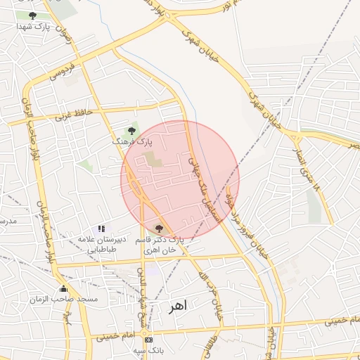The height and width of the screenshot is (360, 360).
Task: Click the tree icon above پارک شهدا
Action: [x=32, y=15]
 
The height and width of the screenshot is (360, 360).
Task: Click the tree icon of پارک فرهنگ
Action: [x=131, y=131]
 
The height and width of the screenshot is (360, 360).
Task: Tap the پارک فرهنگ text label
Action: [x=131, y=141]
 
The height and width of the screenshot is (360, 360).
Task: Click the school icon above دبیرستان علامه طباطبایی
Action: [x=102, y=229]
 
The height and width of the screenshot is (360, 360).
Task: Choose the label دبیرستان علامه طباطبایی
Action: [x=102, y=244]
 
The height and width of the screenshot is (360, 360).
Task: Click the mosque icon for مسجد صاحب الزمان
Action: [x=64, y=288]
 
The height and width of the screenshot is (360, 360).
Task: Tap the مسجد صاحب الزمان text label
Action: [x=63, y=300]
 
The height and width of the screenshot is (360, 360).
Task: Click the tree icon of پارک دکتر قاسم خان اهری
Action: [x=158, y=228]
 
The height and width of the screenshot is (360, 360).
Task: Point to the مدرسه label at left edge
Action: [x=8, y=221]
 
